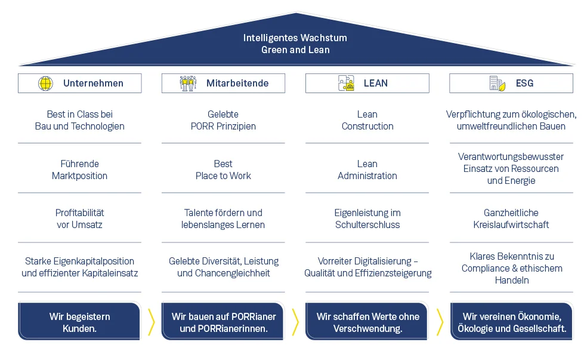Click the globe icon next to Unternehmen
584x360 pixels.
point(45,84)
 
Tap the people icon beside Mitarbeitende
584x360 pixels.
point(188,84)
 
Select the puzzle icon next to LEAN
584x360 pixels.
point(346,84)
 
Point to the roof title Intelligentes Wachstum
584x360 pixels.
point(295,38)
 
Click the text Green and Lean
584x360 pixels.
point(295,50)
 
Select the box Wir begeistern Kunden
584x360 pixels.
point(79,322)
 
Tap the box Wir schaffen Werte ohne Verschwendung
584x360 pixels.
point(367,322)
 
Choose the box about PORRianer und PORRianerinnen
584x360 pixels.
point(223,322)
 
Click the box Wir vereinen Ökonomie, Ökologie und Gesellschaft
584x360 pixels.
point(511,322)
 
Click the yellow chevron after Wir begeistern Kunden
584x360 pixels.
point(152,322)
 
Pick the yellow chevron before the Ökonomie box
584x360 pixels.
point(440,322)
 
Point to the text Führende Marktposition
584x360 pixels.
point(79,170)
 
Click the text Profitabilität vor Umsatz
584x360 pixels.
point(79,219)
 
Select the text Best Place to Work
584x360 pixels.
point(223,170)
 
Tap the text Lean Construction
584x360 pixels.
point(367,120)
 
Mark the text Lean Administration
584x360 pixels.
point(367,170)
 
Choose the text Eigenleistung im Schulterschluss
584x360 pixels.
point(367,219)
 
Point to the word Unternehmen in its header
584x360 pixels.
point(93,84)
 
